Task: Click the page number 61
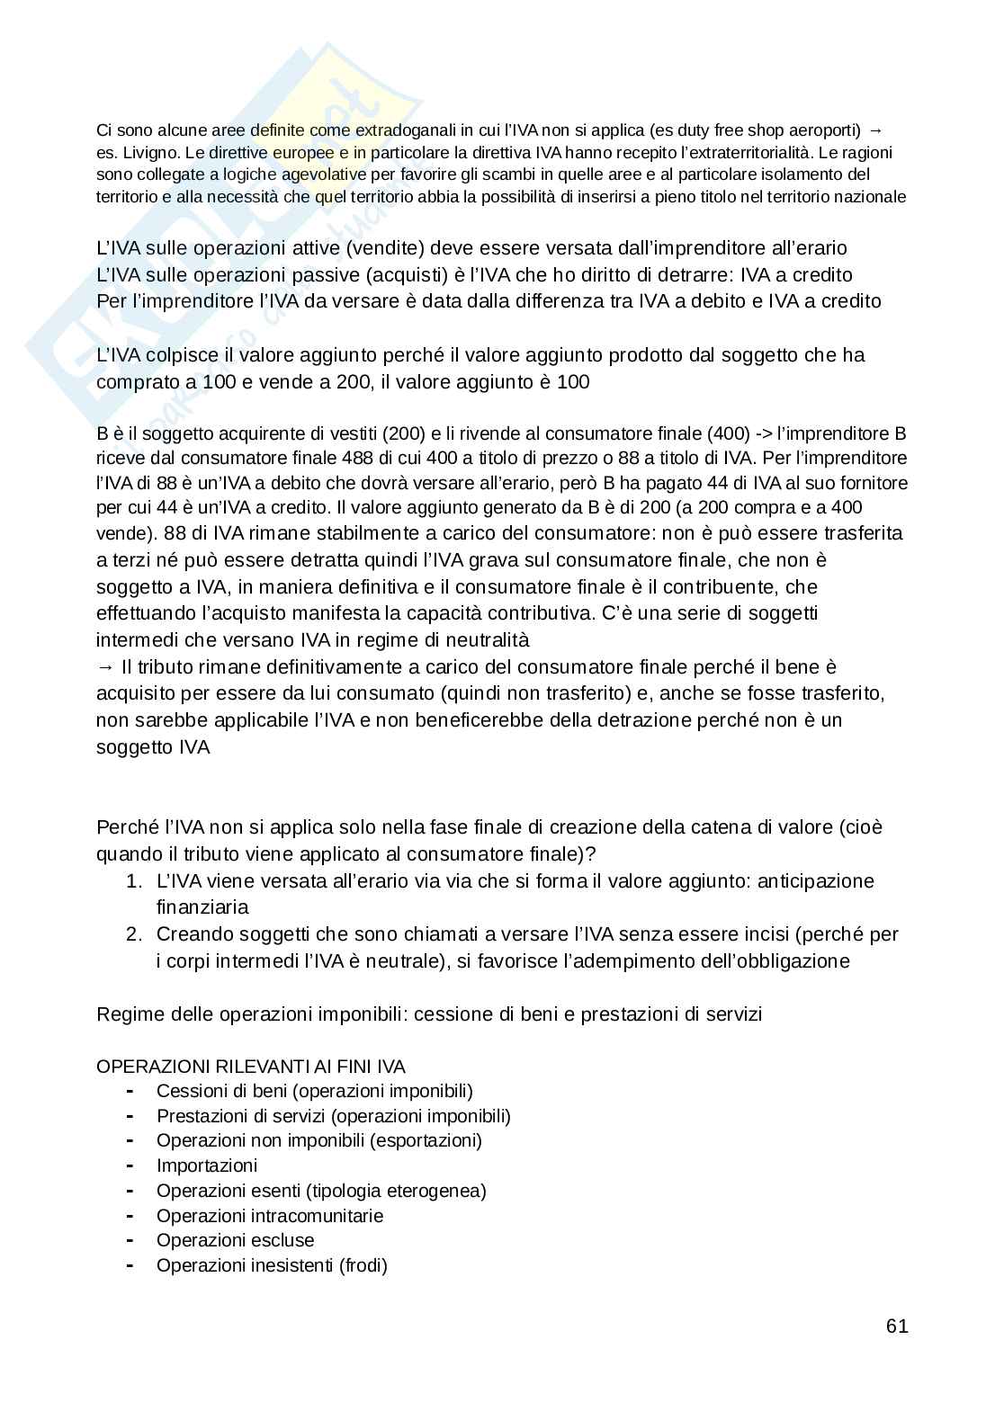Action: pos(897,1326)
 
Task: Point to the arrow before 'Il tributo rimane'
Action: pos(104,667)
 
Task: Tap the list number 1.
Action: pos(133,881)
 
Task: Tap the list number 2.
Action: pos(133,934)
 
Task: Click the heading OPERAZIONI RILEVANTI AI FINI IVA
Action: pos(251,1067)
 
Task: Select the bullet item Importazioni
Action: pos(207,1166)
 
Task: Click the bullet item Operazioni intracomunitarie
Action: pos(270,1216)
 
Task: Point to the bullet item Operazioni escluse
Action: pos(236,1241)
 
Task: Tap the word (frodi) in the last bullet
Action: pos(363,1266)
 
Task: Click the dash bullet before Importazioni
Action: pos(131,1166)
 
